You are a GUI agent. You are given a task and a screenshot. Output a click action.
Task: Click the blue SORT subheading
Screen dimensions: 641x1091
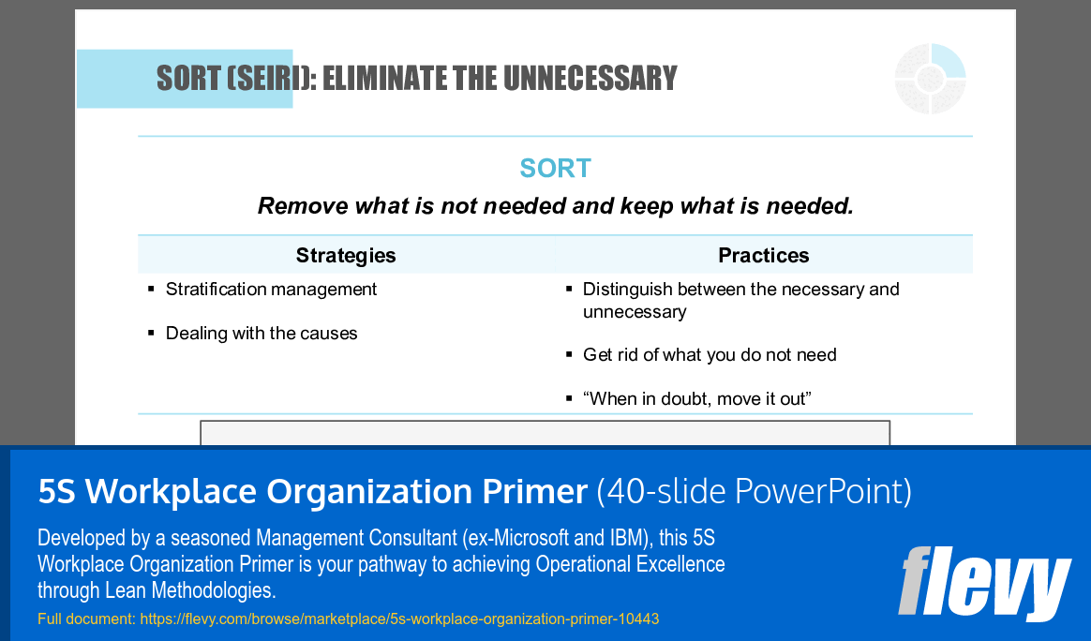(555, 169)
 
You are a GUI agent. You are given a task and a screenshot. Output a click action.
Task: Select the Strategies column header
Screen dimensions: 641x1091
(346, 255)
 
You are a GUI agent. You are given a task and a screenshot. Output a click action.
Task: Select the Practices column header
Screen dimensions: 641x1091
(763, 255)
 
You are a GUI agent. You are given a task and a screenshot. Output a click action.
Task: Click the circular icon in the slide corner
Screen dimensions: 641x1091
(930, 79)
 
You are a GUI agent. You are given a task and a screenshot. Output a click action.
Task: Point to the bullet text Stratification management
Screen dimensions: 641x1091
(271, 290)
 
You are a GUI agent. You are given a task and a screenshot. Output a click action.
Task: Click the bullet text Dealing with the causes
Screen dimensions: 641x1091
(262, 334)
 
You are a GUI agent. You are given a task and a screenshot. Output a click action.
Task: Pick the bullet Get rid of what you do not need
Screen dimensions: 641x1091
(710, 355)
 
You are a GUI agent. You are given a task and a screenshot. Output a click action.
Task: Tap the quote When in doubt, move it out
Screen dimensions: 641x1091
(696, 399)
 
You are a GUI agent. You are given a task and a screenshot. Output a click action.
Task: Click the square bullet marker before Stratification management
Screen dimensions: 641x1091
(151, 290)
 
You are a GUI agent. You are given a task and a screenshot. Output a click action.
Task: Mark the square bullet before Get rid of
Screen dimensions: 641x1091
(569, 355)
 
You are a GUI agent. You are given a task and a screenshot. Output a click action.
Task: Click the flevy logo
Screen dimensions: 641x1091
(983, 583)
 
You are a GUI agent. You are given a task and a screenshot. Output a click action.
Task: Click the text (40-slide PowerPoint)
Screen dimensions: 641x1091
(755, 491)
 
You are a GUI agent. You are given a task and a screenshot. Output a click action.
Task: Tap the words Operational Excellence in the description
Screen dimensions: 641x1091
(630, 564)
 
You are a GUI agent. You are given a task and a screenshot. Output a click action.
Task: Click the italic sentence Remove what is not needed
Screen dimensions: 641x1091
(555, 206)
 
